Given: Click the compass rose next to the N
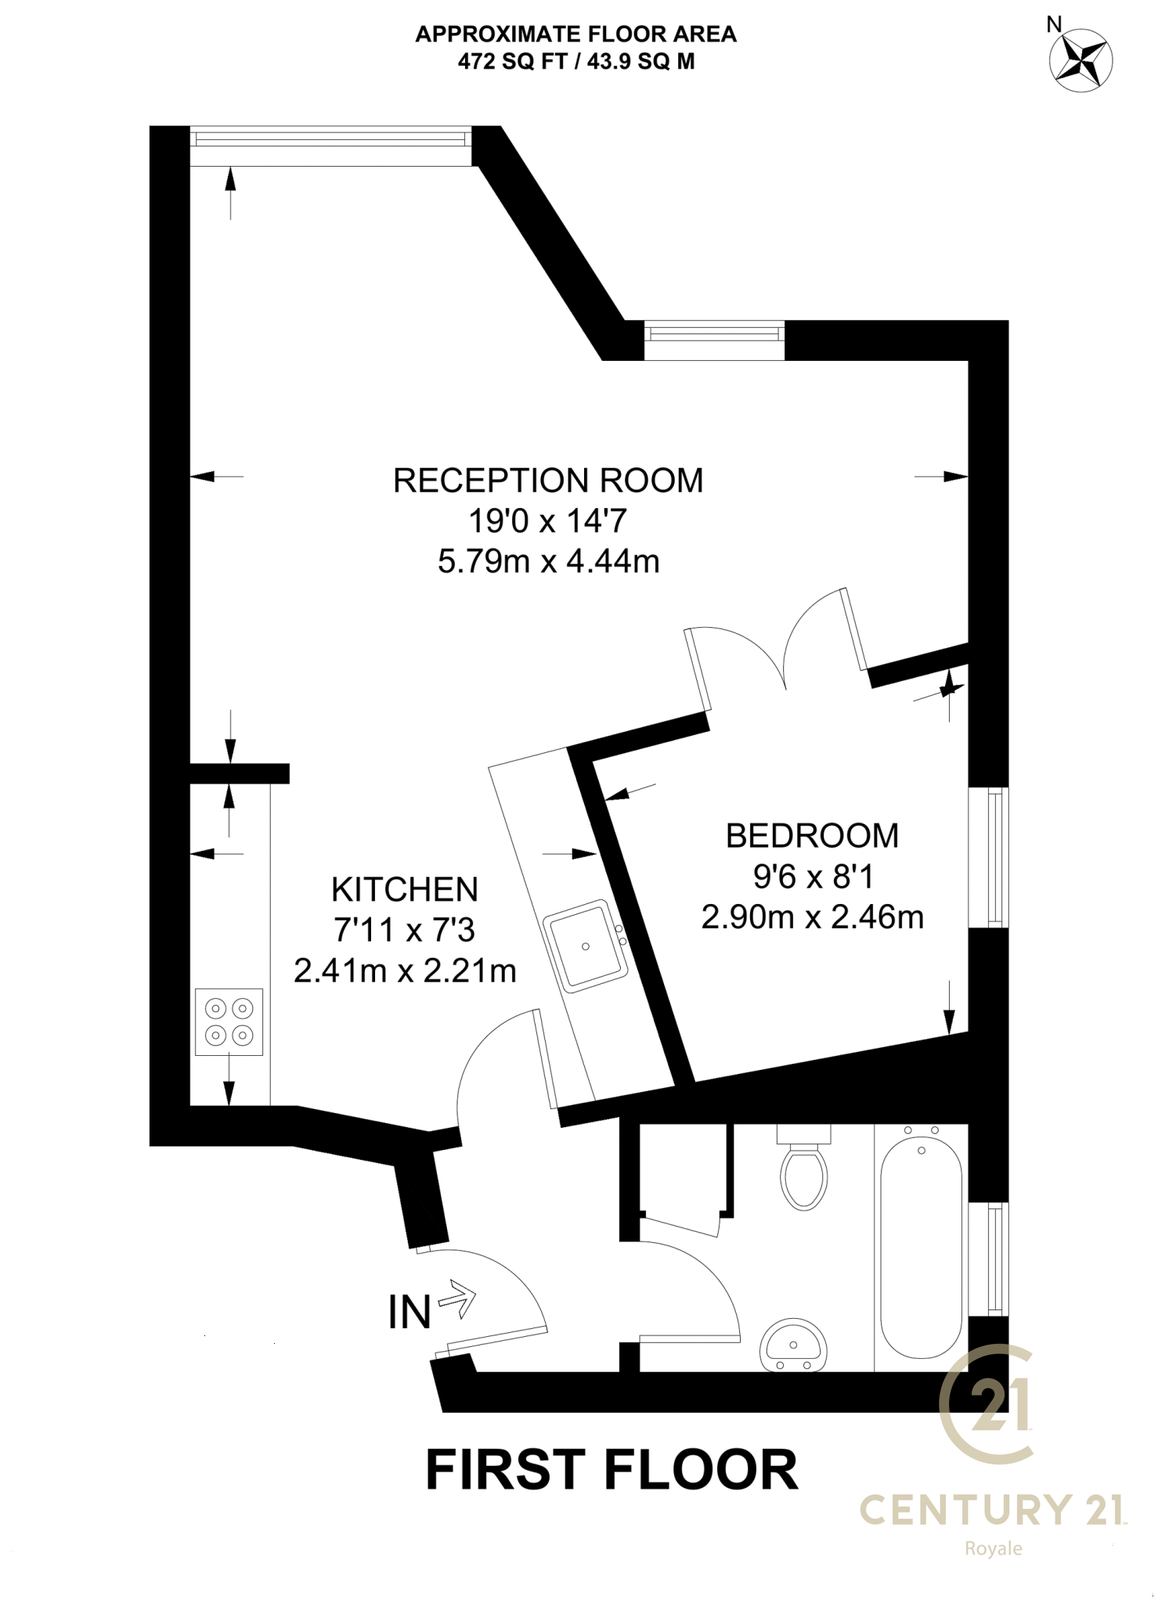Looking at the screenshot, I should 1080,61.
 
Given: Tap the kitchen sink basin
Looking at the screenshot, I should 586,946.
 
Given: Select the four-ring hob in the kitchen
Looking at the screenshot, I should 229,1021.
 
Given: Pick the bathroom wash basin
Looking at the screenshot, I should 792,1345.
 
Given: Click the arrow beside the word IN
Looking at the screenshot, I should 457,1300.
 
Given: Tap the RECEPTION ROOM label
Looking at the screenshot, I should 547,481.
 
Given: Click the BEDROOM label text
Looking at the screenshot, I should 812,836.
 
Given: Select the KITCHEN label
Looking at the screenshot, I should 405,890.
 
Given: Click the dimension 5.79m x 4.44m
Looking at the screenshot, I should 548,562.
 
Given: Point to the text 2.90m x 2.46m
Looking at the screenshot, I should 812,917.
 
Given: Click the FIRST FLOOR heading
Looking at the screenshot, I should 611,1470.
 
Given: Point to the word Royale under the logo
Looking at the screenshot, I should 993,1548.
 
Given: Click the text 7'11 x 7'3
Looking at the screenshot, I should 405,931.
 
